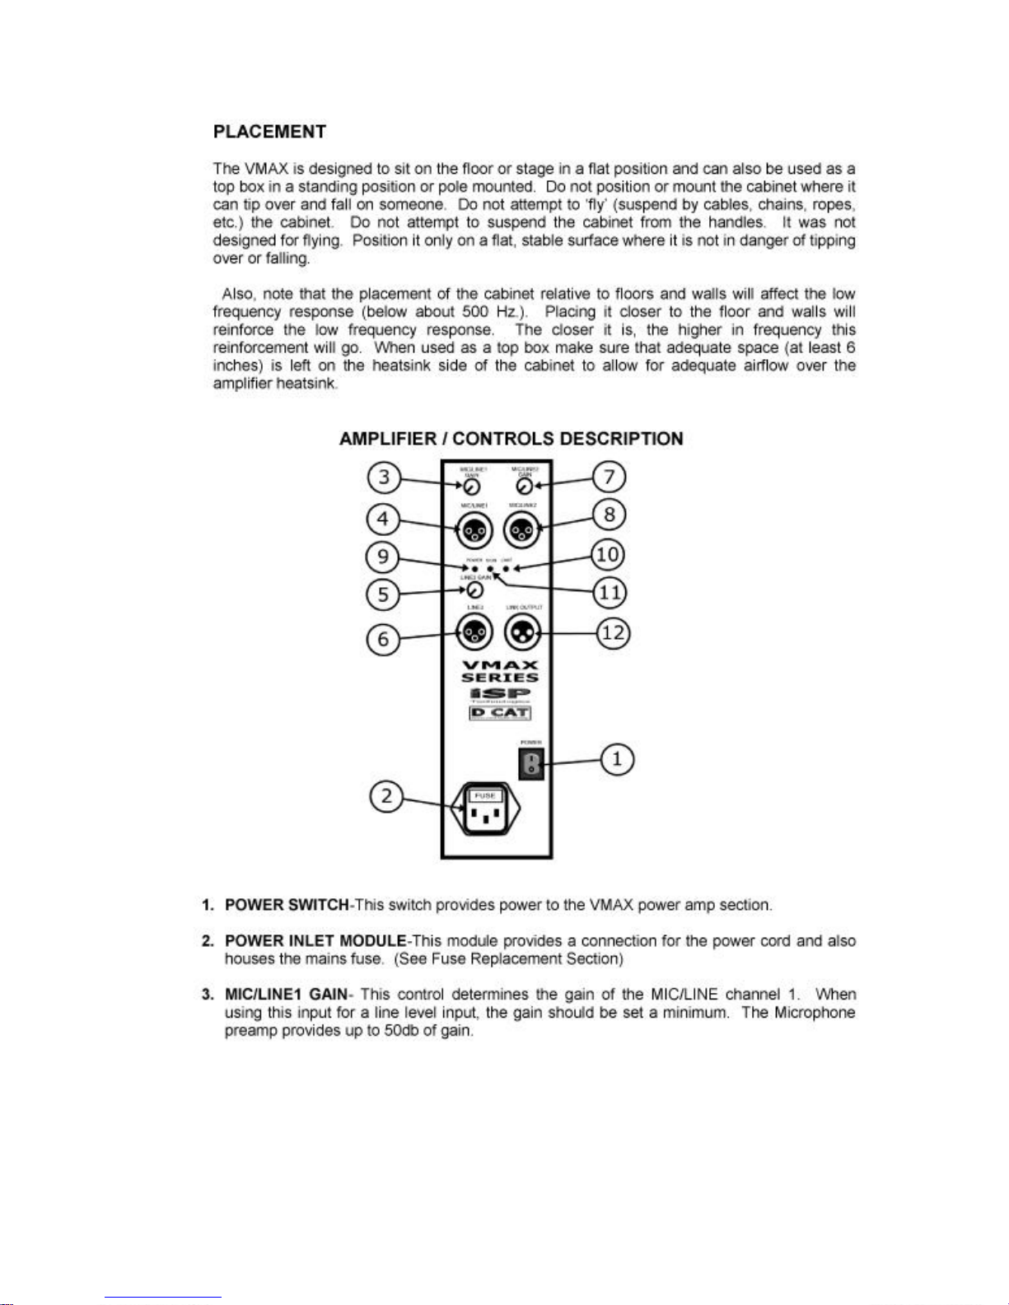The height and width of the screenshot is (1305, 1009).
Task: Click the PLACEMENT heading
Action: tap(269, 132)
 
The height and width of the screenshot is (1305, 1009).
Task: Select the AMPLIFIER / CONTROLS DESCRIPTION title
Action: tap(511, 439)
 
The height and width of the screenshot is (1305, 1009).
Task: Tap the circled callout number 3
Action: tap(384, 478)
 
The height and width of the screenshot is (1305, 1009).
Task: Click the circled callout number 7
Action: tap(610, 477)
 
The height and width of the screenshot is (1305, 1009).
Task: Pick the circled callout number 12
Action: tap(613, 633)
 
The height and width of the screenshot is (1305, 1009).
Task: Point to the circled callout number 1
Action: tap(618, 758)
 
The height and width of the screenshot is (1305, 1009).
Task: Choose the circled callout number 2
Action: tap(385, 797)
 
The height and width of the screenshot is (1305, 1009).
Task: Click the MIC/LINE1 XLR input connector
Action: tap(474, 530)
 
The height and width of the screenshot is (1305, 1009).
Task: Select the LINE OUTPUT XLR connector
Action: tap(523, 632)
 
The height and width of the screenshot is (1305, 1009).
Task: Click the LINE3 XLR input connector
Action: tap(474, 632)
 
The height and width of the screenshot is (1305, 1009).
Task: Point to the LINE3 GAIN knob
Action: tap(475, 590)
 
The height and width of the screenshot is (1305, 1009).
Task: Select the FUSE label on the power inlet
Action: tap(485, 795)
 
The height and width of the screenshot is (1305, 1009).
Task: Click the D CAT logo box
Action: tap(499, 713)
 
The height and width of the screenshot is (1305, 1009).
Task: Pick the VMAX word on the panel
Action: tap(500, 665)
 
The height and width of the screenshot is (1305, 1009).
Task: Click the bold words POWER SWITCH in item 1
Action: tap(287, 905)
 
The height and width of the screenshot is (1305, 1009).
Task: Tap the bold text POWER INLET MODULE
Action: tap(315, 941)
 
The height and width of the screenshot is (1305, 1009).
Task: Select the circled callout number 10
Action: tap(608, 554)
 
